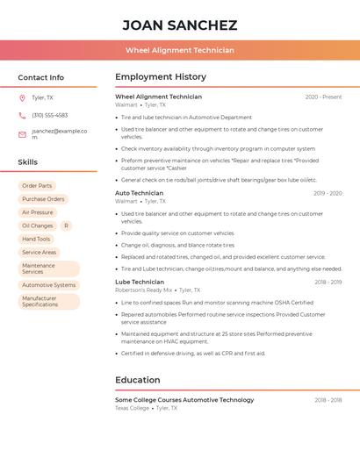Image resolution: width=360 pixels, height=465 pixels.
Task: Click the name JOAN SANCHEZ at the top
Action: pyautogui.click(x=179, y=25)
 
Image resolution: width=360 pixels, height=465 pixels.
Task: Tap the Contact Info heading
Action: pyautogui.click(x=40, y=77)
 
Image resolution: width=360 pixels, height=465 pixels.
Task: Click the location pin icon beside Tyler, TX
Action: pyautogui.click(x=22, y=97)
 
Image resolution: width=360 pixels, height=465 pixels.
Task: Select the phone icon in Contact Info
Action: pyautogui.click(x=22, y=115)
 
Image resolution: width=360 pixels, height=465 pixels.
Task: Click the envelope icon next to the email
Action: pyautogui.click(x=22, y=134)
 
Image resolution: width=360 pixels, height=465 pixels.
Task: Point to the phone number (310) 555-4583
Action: pyautogui.click(x=49, y=115)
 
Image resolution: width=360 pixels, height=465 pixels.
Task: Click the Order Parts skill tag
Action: pyautogui.click(x=37, y=186)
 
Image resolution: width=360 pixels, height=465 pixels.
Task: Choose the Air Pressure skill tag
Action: pyautogui.click(x=37, y=212)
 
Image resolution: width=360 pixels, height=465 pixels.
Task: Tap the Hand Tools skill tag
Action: pyautogui.click(x=36, y=239)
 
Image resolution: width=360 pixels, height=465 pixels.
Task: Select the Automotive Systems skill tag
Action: pyautogui.click(x=48, y=285)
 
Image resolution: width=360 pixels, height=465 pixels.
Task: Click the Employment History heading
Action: pyautogui.click(x=161, y=77)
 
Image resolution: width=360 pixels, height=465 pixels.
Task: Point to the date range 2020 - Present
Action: pyautogui.click(x=323, y=97)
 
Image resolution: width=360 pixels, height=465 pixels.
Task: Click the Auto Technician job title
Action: pyautogui.click(x=139, y=193)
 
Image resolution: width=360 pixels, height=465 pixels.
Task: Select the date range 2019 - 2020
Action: pyautogui.click(x=327, y=193)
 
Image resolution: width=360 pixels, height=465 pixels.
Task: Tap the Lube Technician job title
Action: pyautogui.click(x=140, y=282)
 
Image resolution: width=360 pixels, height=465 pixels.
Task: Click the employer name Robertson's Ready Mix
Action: pyautogui.click(x=144, y=290)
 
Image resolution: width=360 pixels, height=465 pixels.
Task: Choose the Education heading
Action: pyautogui.click(x=138, y=380)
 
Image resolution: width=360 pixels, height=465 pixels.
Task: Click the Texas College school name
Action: pyautogui.click(x=133, y=408)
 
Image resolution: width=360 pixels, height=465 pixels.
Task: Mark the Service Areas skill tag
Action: pyautogui.click(x=39, y=252)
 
